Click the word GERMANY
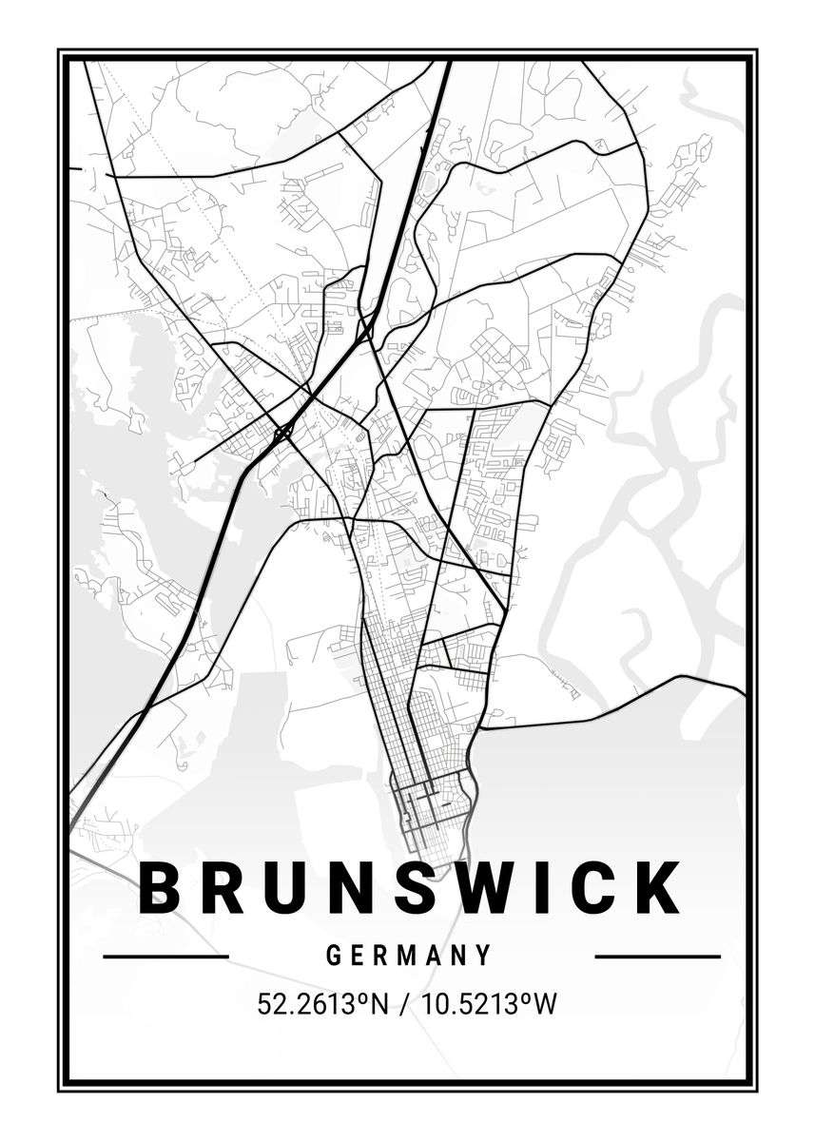(x=409, y=955)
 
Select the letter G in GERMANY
(x=334, y=955)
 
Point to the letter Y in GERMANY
(x=484, y=955)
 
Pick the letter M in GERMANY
(x=410, y=955)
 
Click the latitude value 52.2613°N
(x=322, y=1004)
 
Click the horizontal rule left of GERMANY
(x=165, y=957)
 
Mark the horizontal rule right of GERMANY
(x=657, y=957)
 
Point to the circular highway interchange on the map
(x=281, y=435)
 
